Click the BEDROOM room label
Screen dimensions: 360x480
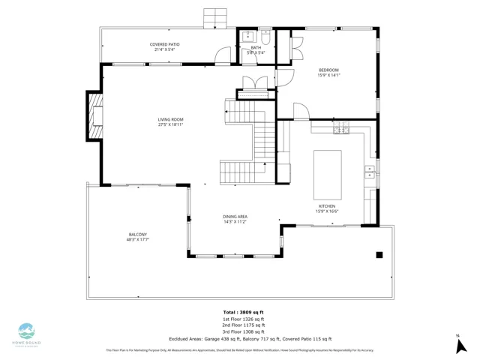pos(329,69)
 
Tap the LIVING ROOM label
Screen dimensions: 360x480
pos(170,119)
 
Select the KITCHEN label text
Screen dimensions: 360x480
pos(327,205)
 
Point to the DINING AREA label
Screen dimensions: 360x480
pos(235,216)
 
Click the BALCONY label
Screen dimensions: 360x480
pos(137,235)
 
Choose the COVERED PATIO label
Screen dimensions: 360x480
pos(164,44)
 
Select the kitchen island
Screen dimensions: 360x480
pos(327,169)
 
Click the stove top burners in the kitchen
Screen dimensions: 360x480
pos(340,130)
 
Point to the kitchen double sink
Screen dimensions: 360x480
pos(370,171)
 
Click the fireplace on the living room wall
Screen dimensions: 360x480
pos(94,116)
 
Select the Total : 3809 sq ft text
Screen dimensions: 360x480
pos(243,312)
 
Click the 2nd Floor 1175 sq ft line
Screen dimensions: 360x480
pos(243,325)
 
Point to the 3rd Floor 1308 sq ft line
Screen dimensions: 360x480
pos(243,331)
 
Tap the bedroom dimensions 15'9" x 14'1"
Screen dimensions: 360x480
pos(329,75)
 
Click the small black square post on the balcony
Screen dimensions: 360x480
pos(379,255)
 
